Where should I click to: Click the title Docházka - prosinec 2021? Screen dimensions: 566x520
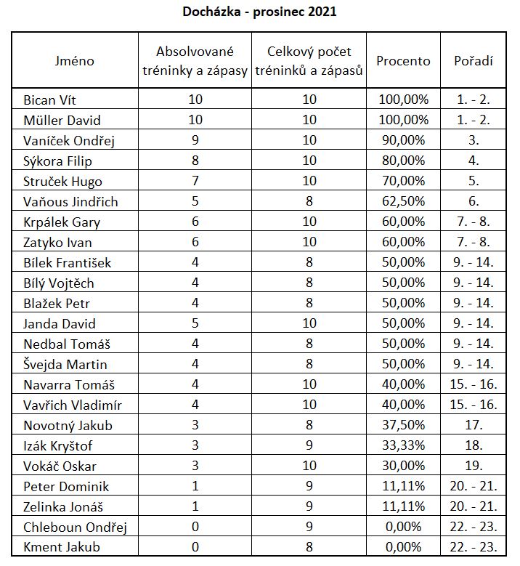pos(259,12)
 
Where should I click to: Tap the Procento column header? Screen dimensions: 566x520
pos(402,61)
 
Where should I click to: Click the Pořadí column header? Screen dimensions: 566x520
pos(474,61)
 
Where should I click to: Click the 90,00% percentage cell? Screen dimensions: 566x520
pos(402,140)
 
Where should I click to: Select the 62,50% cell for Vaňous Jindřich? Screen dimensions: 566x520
pos(402,201)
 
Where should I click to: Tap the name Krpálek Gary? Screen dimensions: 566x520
pos(62,222)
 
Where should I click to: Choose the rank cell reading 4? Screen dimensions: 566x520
pos(474,161)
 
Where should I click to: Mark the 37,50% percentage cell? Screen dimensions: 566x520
pos(402,426)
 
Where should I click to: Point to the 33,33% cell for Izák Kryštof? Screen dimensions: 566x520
pos(402,446)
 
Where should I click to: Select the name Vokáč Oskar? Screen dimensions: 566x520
pos(60,466)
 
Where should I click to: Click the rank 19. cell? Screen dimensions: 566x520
pos(474,466)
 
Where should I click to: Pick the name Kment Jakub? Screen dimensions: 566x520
pos(62,548)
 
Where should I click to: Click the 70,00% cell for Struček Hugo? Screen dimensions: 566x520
pos(402,181)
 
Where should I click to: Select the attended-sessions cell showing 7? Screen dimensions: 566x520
pos(195,181)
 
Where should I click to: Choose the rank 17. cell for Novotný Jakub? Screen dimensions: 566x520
pos(474,426)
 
